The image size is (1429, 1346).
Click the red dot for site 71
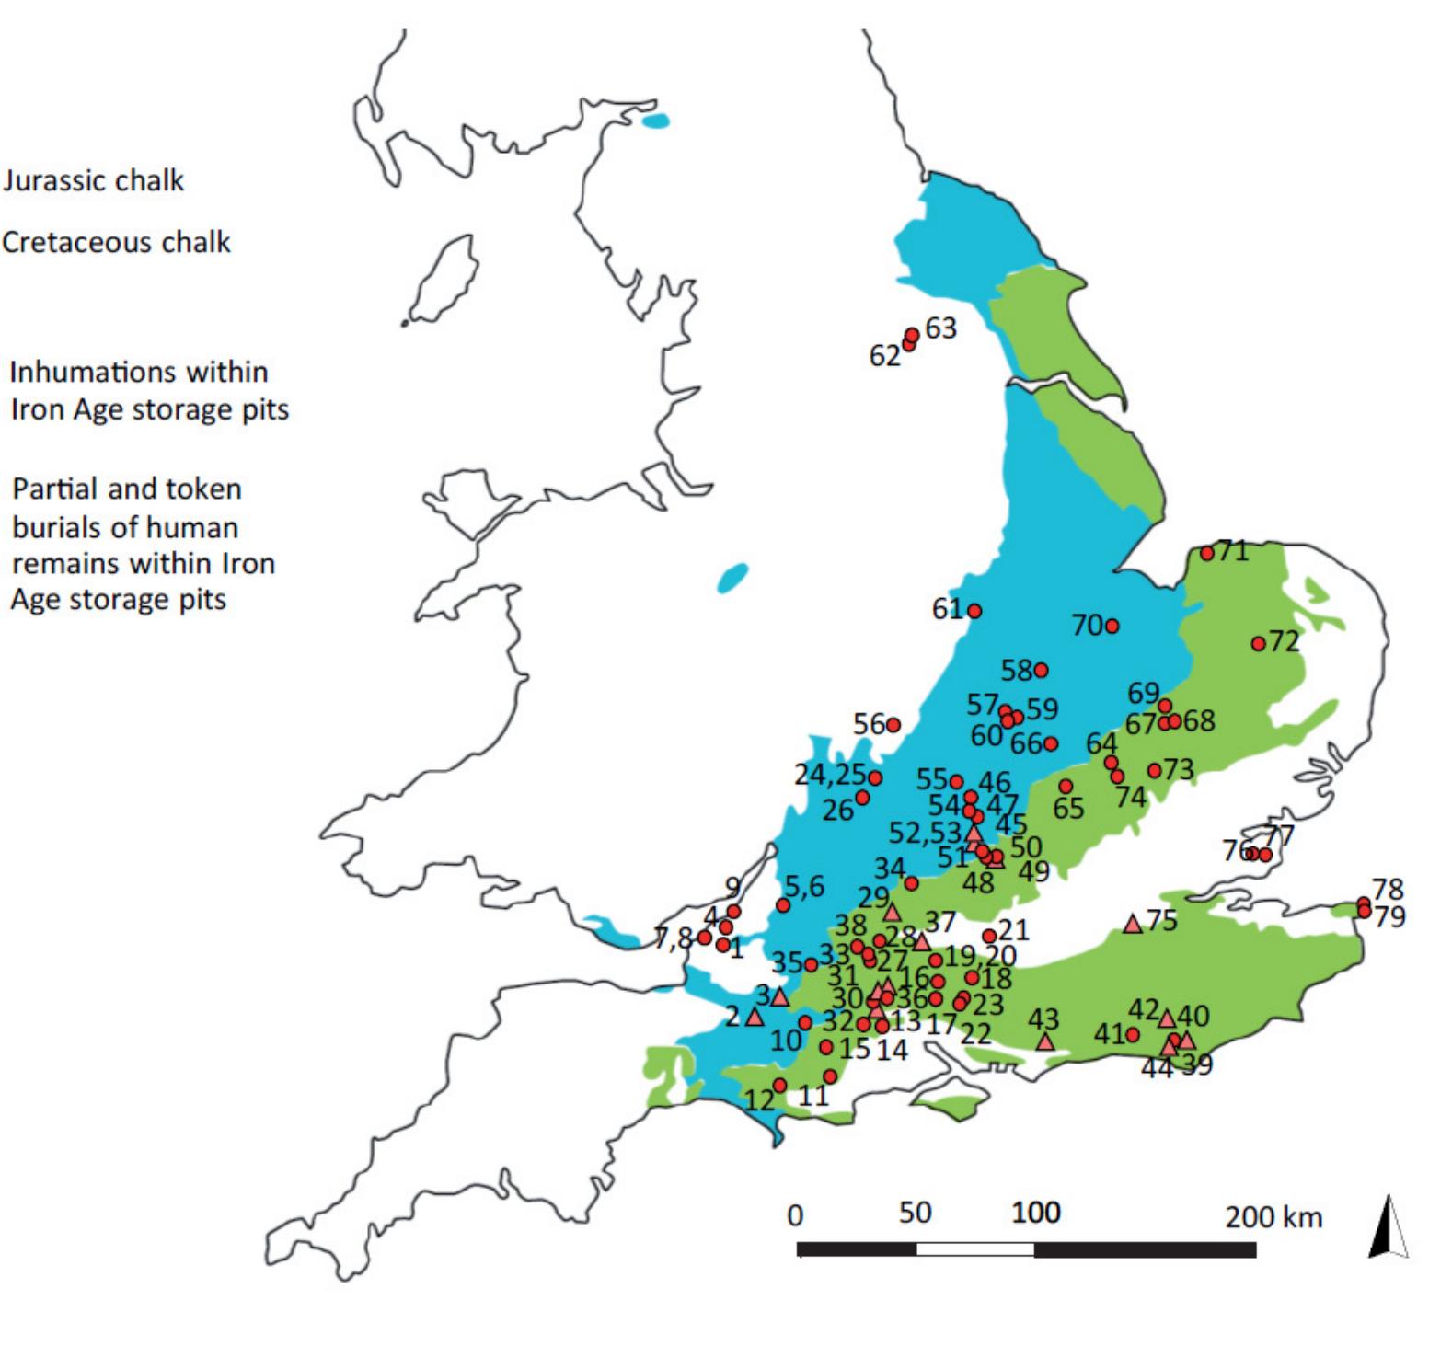point(1207,553)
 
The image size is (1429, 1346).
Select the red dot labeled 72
point(1258,643)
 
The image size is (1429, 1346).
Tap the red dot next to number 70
point(1112,626)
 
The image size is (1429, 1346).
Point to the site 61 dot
point(974,611)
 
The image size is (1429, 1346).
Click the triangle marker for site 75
point(1133,924)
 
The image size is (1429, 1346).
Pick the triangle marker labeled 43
point(1044,1041)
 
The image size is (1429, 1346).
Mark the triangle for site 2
point(755,1017)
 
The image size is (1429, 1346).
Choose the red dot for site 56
point(893,725)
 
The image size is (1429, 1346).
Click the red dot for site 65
point(1066,787)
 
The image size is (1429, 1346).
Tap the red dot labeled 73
point(1154,770)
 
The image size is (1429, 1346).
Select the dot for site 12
point(779,1086)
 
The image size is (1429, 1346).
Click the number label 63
point(940,328)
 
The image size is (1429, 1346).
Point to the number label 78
point(1388,889)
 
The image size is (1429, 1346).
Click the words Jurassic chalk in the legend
point(93,180)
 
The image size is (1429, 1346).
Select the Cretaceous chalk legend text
point(116,242)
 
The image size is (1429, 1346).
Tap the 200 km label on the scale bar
point(1273,1217)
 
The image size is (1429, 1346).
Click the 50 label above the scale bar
point(915,1213)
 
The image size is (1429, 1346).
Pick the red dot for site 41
point(1133,1035)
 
